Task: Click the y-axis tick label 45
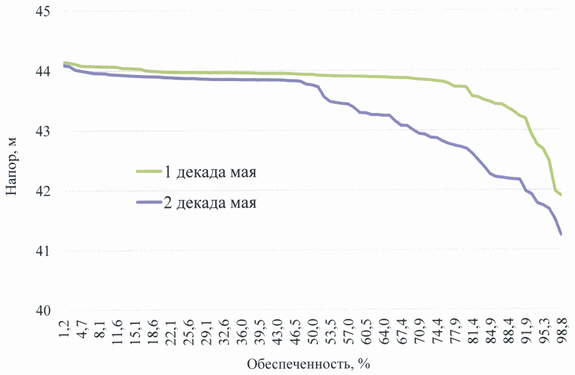pyautogui.click(x=41, y=12)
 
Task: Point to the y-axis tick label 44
pyautogui.click(x=41, y=72)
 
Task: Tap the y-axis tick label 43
pyautogui.click(x=41, y=131)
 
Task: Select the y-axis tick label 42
pyautogui.click(x=41, y=191)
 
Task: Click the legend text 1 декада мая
pyautogui.click(x=210, y=174)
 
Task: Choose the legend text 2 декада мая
pyautogui.click(x=210, y=203)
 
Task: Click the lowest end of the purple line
pyautogui.click(x=561, y=234)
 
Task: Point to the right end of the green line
pyautogui.click(x=561, y=195)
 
